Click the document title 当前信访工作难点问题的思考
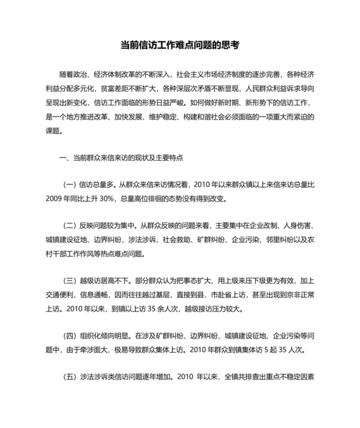(x=180, y=46)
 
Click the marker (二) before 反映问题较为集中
(x=69, y=227)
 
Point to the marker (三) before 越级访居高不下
(x=69, y=282)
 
